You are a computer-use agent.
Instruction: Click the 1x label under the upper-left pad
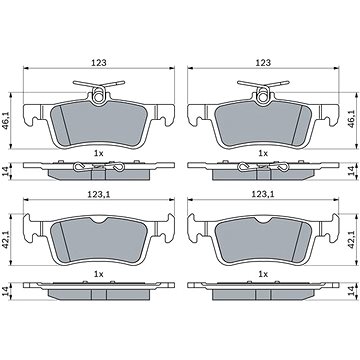click(x=97, y=152)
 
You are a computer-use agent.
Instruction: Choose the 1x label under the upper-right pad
click(x=263, y=152)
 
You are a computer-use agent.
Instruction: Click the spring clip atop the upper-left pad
click(x=100, y=94)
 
